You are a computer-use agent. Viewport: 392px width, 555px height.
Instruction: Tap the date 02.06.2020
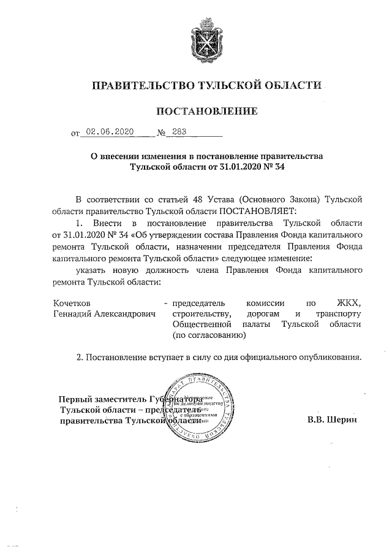pyautogui.click(x=109, y=131)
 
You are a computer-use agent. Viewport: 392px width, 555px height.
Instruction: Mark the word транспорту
pyautogui.click(x=342, y=313)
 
